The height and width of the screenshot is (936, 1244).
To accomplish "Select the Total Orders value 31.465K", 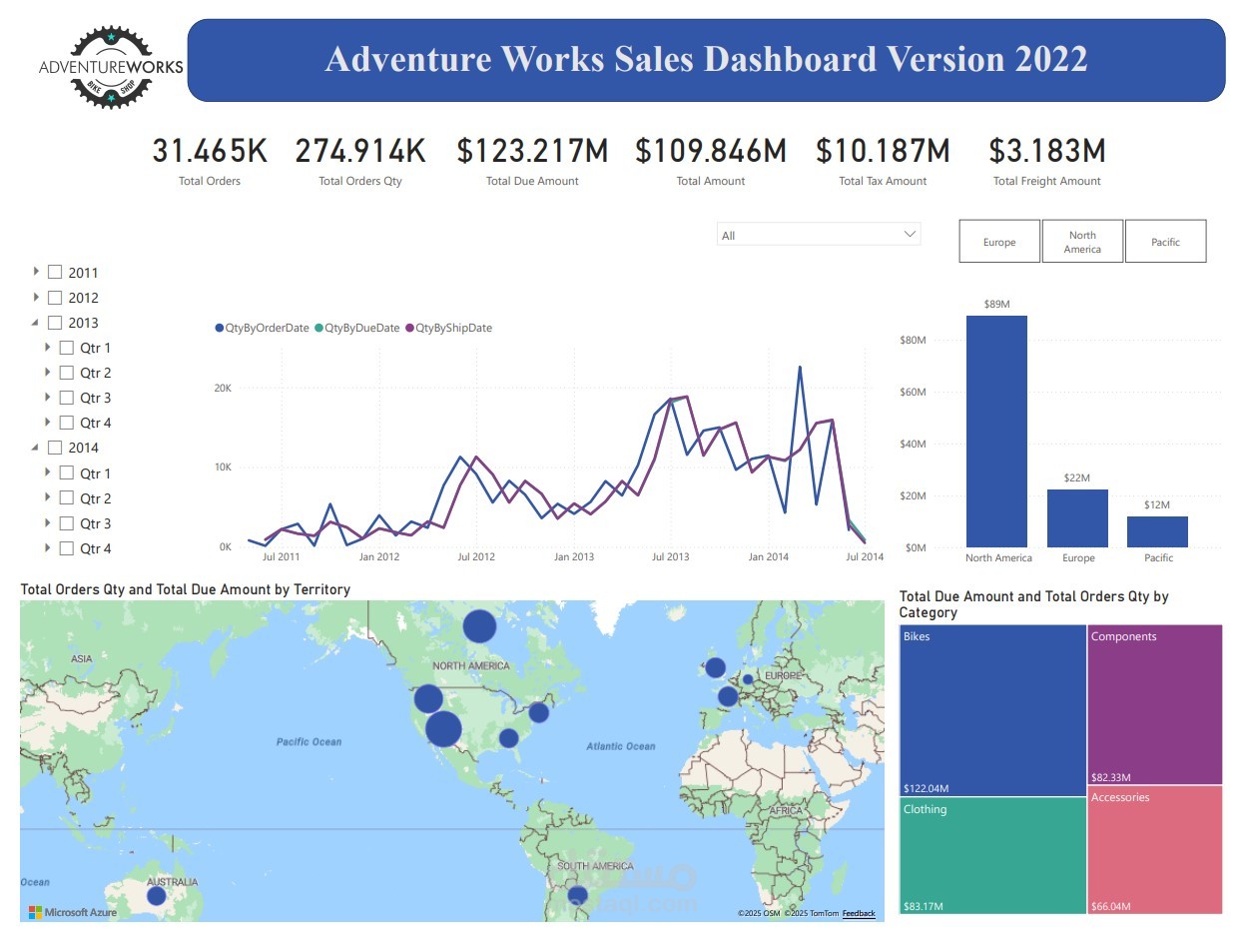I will (210, 151).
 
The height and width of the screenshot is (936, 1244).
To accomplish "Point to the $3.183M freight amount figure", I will (1046, 151).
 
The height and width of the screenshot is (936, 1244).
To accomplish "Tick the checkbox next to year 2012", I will (55, 298).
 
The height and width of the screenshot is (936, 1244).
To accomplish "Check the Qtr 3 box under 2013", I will (67, 398).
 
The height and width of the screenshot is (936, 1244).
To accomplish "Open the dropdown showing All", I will (818, 235).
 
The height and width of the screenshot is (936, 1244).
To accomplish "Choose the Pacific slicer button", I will (1165, 242).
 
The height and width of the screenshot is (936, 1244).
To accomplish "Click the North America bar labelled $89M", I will (995, 431).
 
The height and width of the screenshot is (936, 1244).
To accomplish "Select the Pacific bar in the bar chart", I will (1157, 531).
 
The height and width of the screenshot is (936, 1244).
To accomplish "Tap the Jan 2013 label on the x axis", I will (573, 556).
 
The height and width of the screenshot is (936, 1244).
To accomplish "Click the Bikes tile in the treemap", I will (992, 709).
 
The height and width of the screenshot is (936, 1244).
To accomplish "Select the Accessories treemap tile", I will (1155, 849).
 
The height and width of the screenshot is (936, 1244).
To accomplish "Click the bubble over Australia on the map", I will (157, 896).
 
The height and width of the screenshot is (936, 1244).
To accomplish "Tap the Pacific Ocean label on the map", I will (309, 741).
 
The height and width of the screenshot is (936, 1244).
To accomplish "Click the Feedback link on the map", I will (858, 913).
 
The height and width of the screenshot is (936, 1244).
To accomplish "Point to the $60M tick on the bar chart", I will (913, 393).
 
